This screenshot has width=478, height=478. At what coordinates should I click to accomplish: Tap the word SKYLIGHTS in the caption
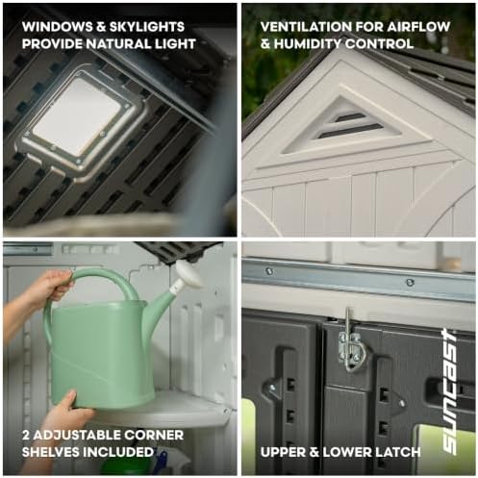tap(147, 27)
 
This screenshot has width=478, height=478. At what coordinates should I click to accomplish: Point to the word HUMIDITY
tap(307, 43)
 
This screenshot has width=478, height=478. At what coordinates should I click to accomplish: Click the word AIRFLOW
tap(418, 27)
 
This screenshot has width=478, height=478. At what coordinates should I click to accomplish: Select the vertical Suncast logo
tap(450, 390)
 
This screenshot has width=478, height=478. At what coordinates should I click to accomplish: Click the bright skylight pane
tap(77, 115)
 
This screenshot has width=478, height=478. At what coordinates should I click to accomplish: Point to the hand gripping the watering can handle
tap(53, 284)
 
